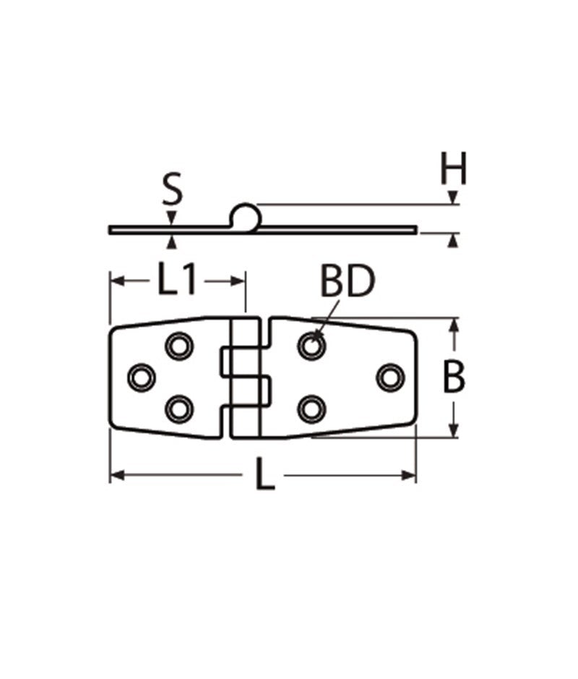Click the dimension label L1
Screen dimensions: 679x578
177,280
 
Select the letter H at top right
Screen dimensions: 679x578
453,170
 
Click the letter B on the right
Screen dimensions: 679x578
454,377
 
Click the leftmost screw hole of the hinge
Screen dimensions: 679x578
142,377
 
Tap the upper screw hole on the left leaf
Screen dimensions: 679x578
179,345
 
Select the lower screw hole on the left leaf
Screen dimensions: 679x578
179,409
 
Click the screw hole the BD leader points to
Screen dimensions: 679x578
311,346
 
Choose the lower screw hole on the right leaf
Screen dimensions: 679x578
311,409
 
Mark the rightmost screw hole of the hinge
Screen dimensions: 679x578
391,377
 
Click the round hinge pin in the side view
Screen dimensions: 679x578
244,215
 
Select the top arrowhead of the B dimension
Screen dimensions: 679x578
454,325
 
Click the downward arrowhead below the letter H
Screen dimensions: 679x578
453,197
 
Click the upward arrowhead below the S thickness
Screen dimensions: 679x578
172,241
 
